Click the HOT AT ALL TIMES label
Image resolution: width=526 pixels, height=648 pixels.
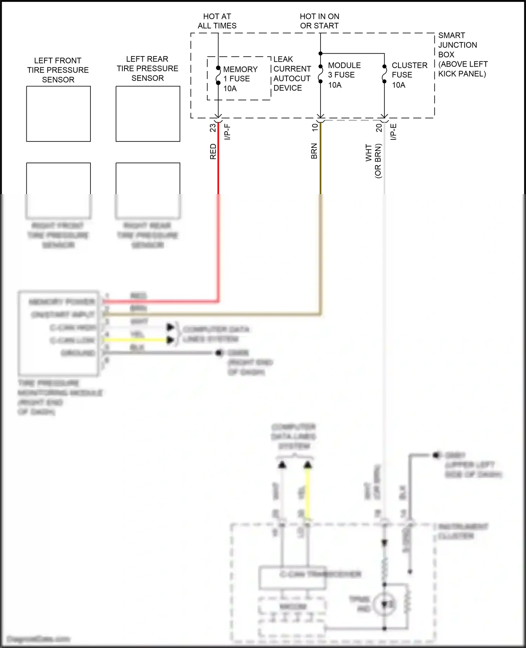(x=217, y=21)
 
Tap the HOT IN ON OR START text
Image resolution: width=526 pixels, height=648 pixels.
(x=319, y=21)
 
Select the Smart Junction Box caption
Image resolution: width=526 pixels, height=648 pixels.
(x=462, y=54)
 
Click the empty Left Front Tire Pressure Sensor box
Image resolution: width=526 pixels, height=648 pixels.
(x=59, y=114)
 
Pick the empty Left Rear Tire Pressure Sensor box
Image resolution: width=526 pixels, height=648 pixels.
(x=148, y=114)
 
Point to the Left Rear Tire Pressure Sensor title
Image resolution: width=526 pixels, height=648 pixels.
(x=148, y=68)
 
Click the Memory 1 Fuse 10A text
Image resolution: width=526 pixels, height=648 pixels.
(x=240, y=79)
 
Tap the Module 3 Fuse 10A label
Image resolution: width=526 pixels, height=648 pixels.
(x=344, y=75)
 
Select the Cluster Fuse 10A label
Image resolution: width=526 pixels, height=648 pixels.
(x=409, y=75)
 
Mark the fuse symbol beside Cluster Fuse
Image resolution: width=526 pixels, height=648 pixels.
(x=384, y=74)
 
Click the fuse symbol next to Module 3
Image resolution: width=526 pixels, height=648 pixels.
(x=321, y=74)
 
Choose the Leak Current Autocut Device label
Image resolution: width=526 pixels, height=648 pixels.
(x=292, y=73)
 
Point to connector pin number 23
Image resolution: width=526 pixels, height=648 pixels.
(x=213, y=128)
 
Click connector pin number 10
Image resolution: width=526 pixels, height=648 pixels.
(x=315, y=127)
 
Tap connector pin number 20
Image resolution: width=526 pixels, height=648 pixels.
(x=379, y=128)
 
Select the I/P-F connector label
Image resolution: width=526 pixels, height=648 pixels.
(x=227, y=132)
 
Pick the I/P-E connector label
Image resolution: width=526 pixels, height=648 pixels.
(x=393, y=132)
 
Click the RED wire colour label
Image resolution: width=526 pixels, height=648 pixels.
(x=213, y=151)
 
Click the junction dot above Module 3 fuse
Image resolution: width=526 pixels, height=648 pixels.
(x=321, y=53)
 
